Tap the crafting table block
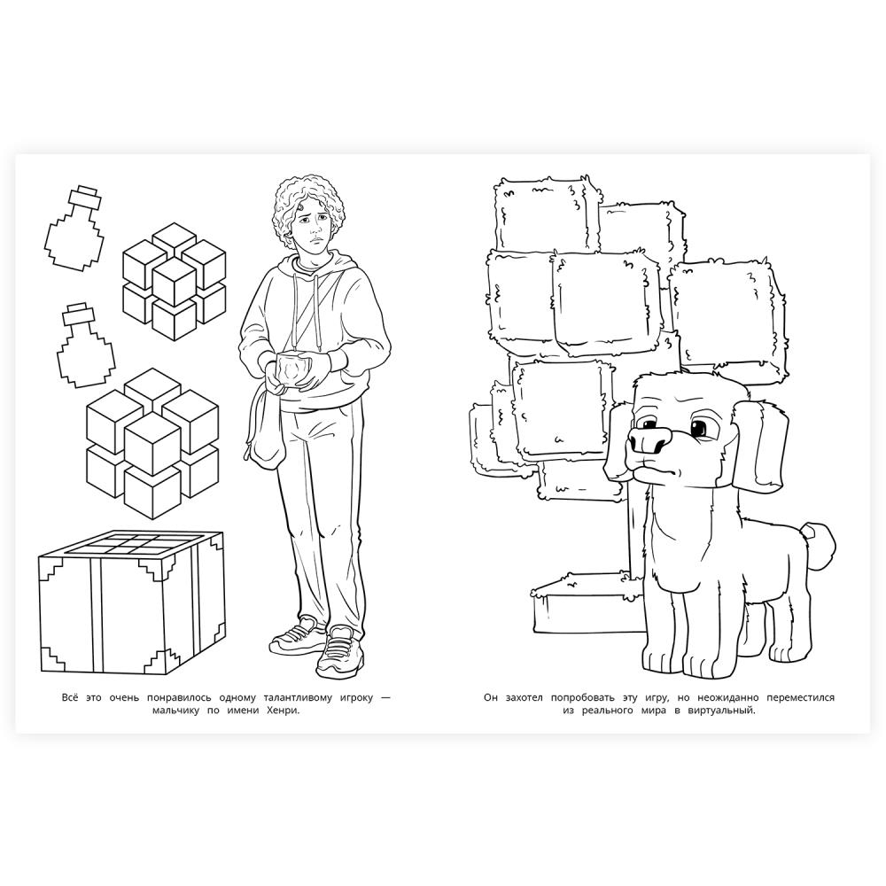[132, 602]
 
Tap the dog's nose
[650, 440]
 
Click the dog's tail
[820, 542]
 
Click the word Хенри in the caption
[282, 711]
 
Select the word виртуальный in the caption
[721, 711]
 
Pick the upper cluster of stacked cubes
[174, 282]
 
